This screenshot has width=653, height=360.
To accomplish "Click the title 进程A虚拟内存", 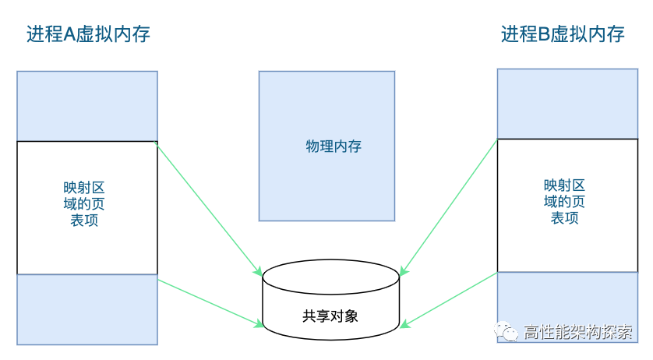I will pyautogui.click(x=88, y=34).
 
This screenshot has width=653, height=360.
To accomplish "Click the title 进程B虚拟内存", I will pyautogui.click(x=563, y=34).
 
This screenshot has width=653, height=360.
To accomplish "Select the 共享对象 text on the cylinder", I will pyautogui.click(x=330, y=316).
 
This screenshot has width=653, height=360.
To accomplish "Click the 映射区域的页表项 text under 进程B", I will pyautogui.click(x=565, y=201).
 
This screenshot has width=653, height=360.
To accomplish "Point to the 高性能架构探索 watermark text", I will pyautogui.click(x=579, y=332).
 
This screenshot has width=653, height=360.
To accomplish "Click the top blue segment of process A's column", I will pyautogui.click(x=87, y=106).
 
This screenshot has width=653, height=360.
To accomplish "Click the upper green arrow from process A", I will pyautogui.click(x=209, y=209).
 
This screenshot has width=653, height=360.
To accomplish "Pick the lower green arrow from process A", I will pyautogui.click(x=209, y=300).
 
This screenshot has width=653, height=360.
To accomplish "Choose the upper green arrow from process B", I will pyautogui.click(x=449, y=207).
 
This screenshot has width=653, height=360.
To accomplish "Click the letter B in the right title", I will pyautogui.click(x=545, y=34).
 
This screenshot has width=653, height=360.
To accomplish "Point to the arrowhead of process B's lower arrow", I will pyautogui.click(x=405, y=324).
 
